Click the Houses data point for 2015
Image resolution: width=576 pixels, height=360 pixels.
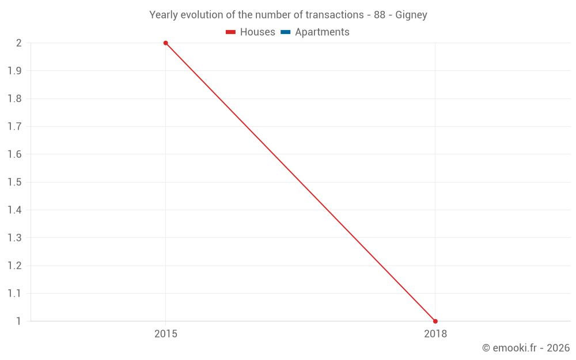(166, 43)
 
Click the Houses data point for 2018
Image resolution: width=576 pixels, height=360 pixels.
(435, 321)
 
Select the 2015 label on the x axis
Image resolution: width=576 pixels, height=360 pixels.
(166, 334)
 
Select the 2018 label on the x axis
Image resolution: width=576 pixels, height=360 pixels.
(435, 334)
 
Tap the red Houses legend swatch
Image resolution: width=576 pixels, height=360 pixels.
(231, 32)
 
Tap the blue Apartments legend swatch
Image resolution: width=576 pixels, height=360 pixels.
(286, 32)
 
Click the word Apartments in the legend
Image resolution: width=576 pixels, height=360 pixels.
(322, 32)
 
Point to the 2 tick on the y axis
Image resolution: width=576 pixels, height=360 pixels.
(18, 43)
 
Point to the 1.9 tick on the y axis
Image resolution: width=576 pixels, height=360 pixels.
(14, 71)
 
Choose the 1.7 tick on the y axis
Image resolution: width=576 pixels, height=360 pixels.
(14, 127)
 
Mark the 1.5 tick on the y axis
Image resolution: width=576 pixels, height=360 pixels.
(14, 182)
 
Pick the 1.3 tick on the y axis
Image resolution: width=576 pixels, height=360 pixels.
(14, 238)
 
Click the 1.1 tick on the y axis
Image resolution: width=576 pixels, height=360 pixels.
(14, 294)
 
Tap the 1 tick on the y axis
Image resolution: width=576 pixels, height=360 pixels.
(18, 321)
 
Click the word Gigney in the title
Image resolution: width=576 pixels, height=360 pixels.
(411, 15)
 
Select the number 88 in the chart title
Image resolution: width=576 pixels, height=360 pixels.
(380, 15)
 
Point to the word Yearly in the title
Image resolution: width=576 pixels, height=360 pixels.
(164, 15)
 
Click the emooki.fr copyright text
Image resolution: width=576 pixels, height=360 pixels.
(526, 348)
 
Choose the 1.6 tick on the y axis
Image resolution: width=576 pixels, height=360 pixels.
(14, 154)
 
